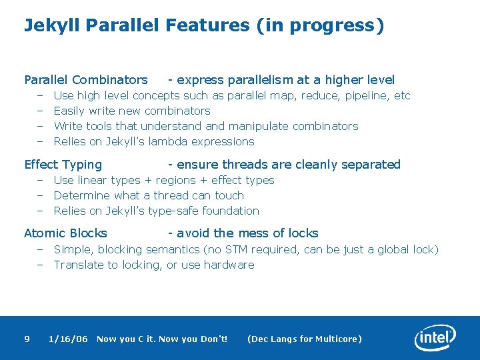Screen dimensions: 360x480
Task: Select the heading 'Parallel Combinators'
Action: [x=86, y=80]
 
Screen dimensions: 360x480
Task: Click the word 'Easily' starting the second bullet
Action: [x=69, y=111]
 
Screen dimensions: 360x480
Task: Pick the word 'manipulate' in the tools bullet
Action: [x=258, y=126]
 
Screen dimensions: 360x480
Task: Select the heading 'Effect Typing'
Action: [x=63, y=165]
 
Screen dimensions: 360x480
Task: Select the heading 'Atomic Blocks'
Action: [x=65, y=233]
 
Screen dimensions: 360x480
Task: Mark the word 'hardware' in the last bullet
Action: [x=230, y=265]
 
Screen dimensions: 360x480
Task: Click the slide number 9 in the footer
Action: [x=27, y=339]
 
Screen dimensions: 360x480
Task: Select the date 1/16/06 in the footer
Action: [x=68, y=339]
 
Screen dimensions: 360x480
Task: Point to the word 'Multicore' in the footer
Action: [x=338, y=339]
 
